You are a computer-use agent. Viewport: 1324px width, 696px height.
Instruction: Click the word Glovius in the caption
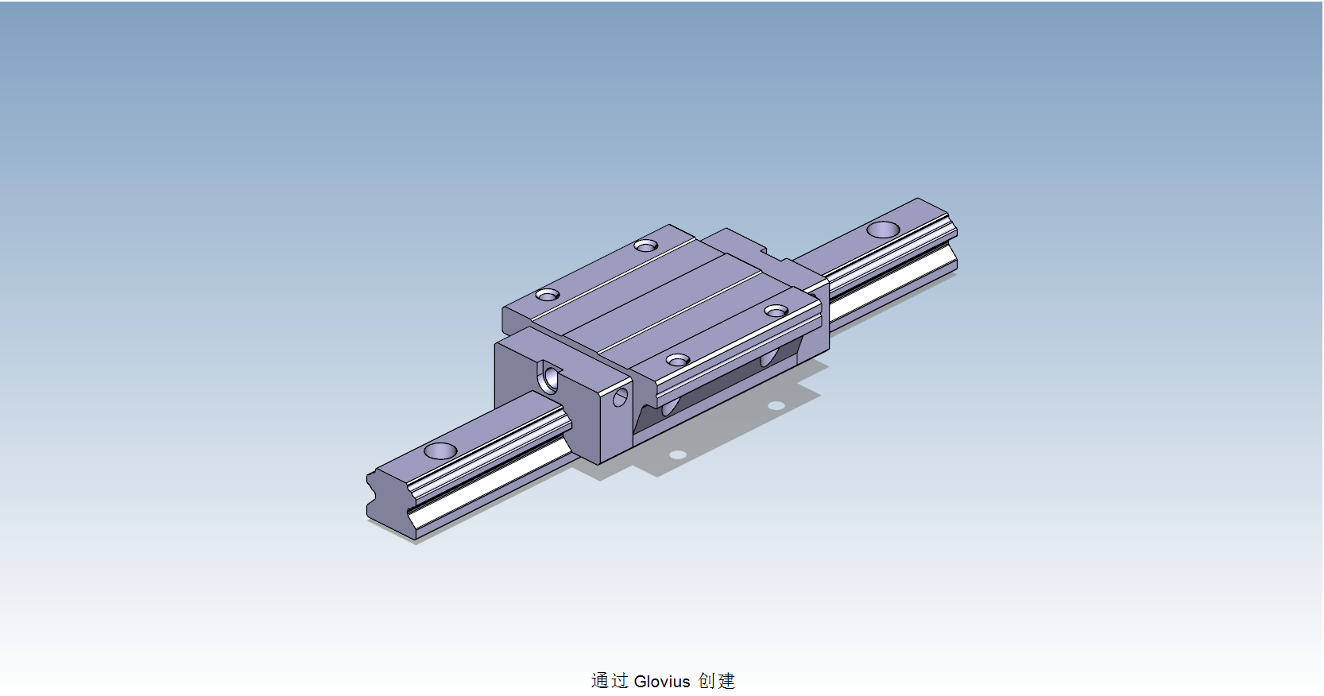pos(662,681)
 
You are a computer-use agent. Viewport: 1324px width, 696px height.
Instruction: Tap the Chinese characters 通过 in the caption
pos(610,681)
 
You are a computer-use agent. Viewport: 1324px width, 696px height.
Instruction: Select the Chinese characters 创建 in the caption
pos(716,681)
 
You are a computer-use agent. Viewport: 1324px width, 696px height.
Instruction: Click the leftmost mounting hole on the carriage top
pos(547,295)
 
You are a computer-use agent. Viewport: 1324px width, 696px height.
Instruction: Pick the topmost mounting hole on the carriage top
pos(646,246)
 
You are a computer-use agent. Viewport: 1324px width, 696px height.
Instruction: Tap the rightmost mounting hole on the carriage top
pos(776,311)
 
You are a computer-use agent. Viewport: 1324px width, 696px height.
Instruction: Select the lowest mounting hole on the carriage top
pos(677,361)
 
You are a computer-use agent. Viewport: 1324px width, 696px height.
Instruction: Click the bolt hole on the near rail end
pos(440,451)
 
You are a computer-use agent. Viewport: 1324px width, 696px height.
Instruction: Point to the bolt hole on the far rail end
pos(883,230)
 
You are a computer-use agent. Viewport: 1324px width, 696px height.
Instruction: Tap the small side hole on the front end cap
pos(621,396)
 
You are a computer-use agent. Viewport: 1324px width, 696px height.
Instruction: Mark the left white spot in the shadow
pos(677,455)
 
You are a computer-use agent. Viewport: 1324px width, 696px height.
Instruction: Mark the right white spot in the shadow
pos(776,406)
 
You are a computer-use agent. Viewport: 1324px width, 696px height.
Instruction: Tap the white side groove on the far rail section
pos(890,281)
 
